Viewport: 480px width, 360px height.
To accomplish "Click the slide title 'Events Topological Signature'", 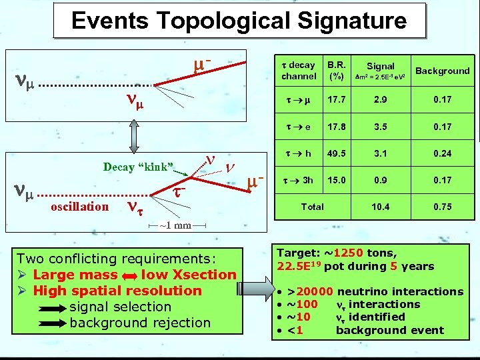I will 239,21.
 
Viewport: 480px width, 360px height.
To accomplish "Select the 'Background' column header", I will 442,71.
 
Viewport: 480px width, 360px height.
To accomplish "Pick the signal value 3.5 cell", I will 380,127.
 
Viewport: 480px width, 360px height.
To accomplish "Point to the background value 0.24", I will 441,153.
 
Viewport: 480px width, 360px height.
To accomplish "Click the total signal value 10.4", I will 380,207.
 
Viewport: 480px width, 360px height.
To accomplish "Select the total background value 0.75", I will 441,207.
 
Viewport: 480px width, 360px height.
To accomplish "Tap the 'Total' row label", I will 312,207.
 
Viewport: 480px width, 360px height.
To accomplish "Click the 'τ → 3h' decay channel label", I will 298,180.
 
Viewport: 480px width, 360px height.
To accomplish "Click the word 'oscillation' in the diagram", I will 79,206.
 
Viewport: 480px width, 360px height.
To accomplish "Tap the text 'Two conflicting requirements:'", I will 116,259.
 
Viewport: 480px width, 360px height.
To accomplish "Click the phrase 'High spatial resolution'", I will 117,291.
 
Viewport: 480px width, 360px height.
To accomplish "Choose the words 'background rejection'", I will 139,323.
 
